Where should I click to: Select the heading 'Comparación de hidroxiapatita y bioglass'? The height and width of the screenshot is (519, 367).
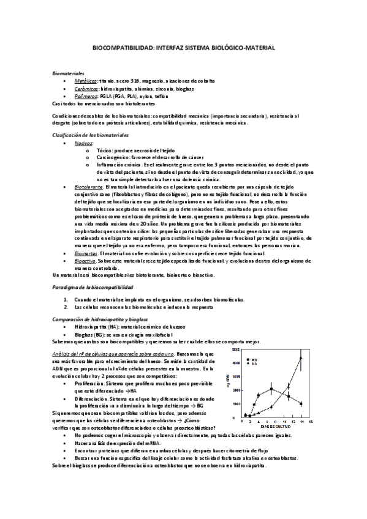(100, 319)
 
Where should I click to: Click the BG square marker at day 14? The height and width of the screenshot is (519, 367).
(300, 403)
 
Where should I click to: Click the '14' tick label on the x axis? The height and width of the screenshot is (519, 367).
(300, 422)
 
